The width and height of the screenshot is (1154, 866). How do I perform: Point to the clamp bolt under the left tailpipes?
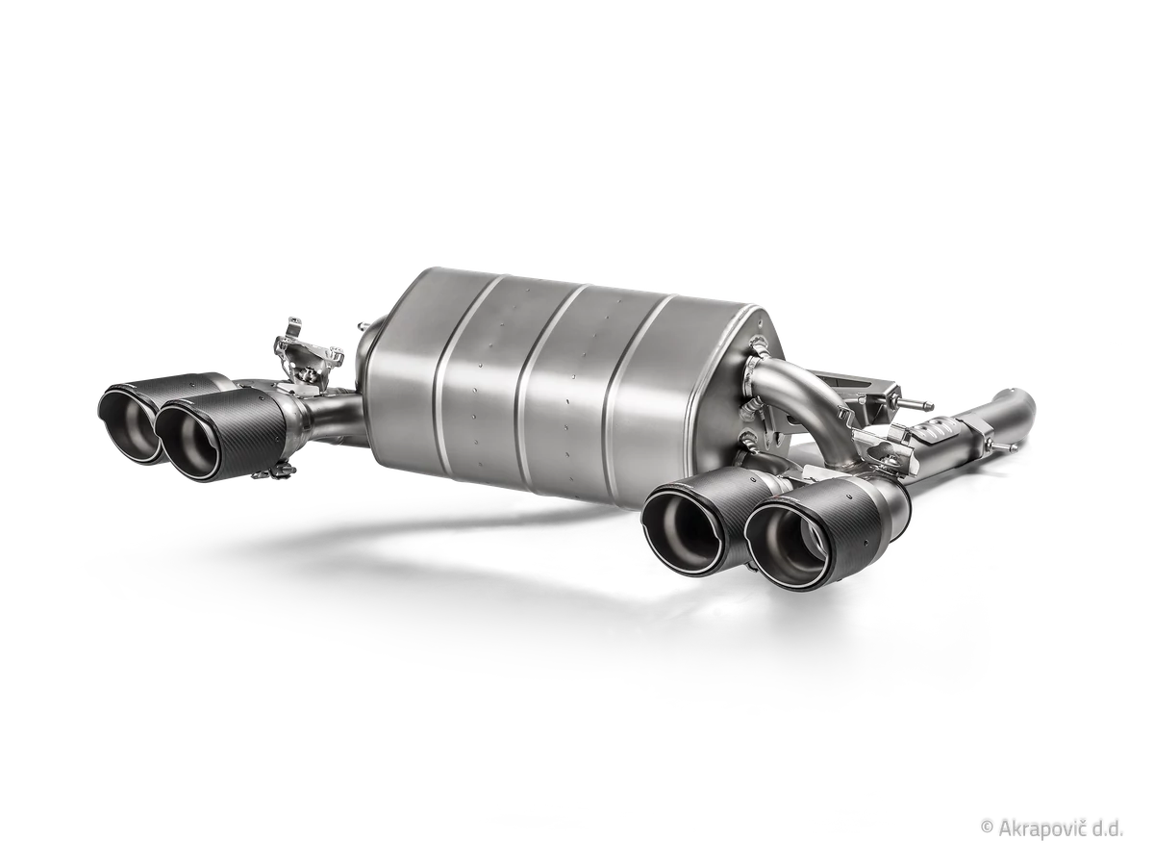[x=273, y=471]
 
